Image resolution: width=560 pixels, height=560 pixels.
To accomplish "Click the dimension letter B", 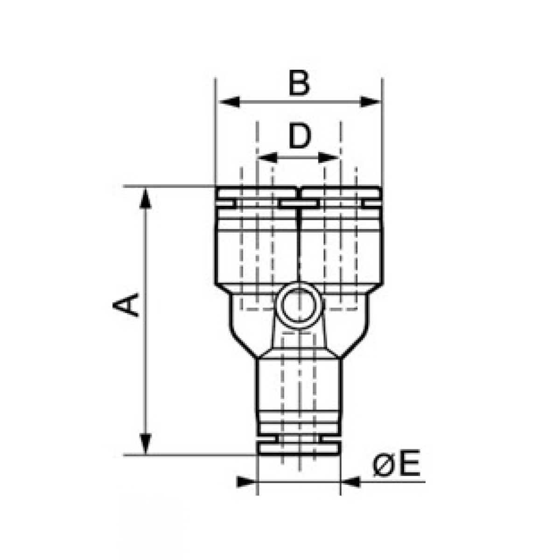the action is [x=299, y=83].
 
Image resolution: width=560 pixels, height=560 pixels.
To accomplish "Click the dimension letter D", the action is [x=300, y=136].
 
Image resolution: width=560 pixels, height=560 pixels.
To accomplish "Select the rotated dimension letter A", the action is [x=126, y=305].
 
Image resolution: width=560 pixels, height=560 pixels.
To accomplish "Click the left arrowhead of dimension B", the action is [x=229, y=102].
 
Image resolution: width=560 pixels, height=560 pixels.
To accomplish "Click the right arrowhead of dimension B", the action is [x=370, y=102].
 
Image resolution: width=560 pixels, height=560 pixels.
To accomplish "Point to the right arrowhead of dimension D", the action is [x=329, y=158].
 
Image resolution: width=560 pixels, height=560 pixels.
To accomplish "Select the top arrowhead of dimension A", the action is [x=145, y=198].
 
